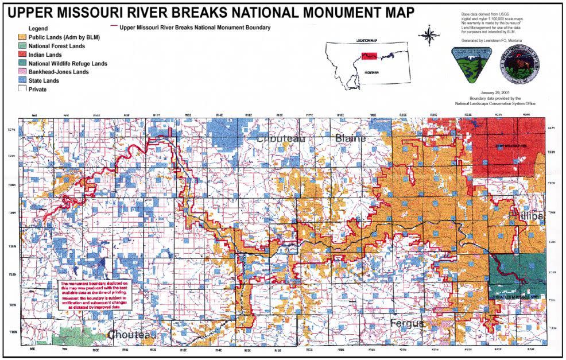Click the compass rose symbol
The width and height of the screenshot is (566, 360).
pyautogui.click(x=428, y=36)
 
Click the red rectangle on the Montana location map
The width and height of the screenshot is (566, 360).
pyautogui.click(x=370, y=56)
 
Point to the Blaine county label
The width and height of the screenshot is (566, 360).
pyautogui.click(x=350, y=138)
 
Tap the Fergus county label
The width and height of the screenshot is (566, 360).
pyautogui.click(x=407, y=324)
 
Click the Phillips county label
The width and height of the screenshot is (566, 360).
pyautogui.click(x=526, y=215)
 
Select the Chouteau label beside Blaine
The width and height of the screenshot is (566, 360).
pyautogui.click(x=281, y=139)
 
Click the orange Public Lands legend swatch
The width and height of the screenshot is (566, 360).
pyautogui.click(x=22, y=37)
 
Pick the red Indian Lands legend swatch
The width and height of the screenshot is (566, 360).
pyautogui.click(x=22, y=55)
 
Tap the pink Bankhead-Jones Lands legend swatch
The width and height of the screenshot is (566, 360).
pyautogui.click(x=22, y=72)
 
